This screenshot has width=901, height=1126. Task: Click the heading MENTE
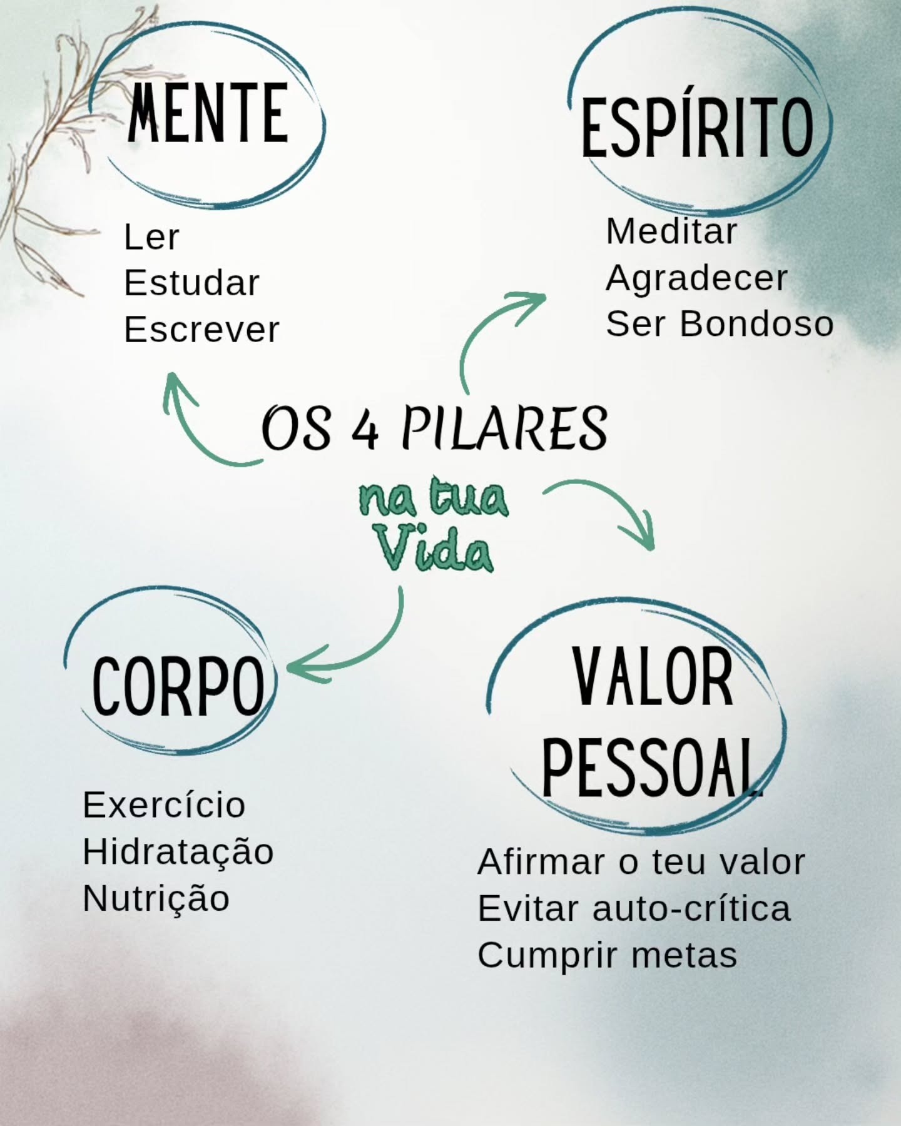(208, 113)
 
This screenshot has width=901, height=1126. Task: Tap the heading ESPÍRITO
(697, 128)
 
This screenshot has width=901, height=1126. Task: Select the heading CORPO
(178, 686)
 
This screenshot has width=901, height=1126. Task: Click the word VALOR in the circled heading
(653, 677)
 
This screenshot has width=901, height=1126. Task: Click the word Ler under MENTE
(151, 238)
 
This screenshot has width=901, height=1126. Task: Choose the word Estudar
(191, 283)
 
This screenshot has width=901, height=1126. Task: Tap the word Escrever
(201, 330)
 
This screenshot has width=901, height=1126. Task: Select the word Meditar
(671, 231)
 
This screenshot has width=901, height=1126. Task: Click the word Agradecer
(696, 278)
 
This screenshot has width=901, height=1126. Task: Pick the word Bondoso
(756, 324)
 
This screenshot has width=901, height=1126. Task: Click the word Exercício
(164, 805)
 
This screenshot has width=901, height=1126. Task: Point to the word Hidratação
(178, 851)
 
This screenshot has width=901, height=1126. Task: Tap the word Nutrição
(156, 899)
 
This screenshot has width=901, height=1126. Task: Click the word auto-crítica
(691, 909)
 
